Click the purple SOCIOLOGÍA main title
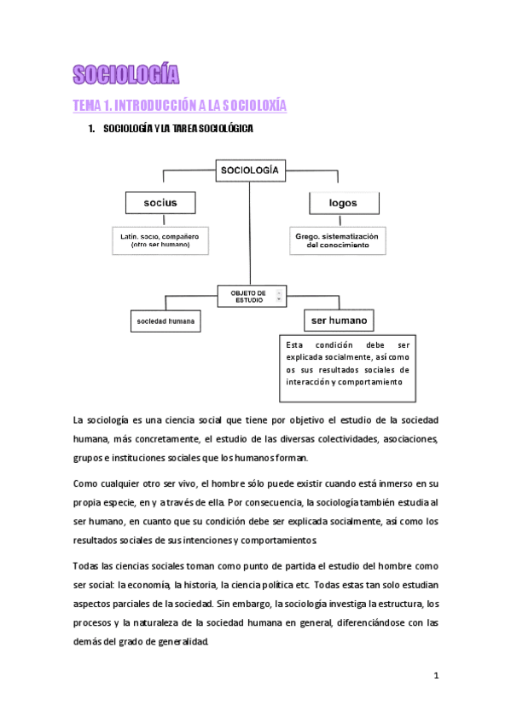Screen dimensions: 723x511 126,76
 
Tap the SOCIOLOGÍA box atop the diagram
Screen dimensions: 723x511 249,171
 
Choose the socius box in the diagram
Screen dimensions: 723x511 160,203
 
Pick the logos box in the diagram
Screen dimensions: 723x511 342,203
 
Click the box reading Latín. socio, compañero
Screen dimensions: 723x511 160,239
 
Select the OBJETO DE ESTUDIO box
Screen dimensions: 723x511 248,296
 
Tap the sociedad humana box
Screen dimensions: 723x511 166,321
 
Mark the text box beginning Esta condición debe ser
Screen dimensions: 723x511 348,366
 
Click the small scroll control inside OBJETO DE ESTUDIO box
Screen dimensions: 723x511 278,296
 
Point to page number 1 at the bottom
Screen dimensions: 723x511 436,675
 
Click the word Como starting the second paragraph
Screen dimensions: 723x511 87,483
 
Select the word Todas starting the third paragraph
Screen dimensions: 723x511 89,566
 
